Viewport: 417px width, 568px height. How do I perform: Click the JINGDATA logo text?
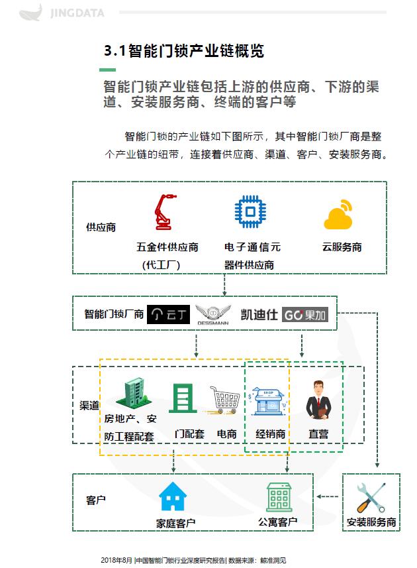(77, 13)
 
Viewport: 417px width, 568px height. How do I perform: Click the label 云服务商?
(342, 247)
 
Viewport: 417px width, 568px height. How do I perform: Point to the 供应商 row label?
(101, 227)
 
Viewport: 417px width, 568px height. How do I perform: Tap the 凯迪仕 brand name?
(259, 314)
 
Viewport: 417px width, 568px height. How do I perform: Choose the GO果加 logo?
(305, 314)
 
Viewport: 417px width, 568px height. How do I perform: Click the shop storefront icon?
(267, 400)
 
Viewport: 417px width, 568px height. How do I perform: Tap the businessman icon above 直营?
(317, 399)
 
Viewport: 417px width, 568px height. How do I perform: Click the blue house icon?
(173, 496)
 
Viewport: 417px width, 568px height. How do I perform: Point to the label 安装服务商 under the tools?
(371, 522)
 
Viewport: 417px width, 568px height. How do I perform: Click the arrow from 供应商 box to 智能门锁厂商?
(225, 284)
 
